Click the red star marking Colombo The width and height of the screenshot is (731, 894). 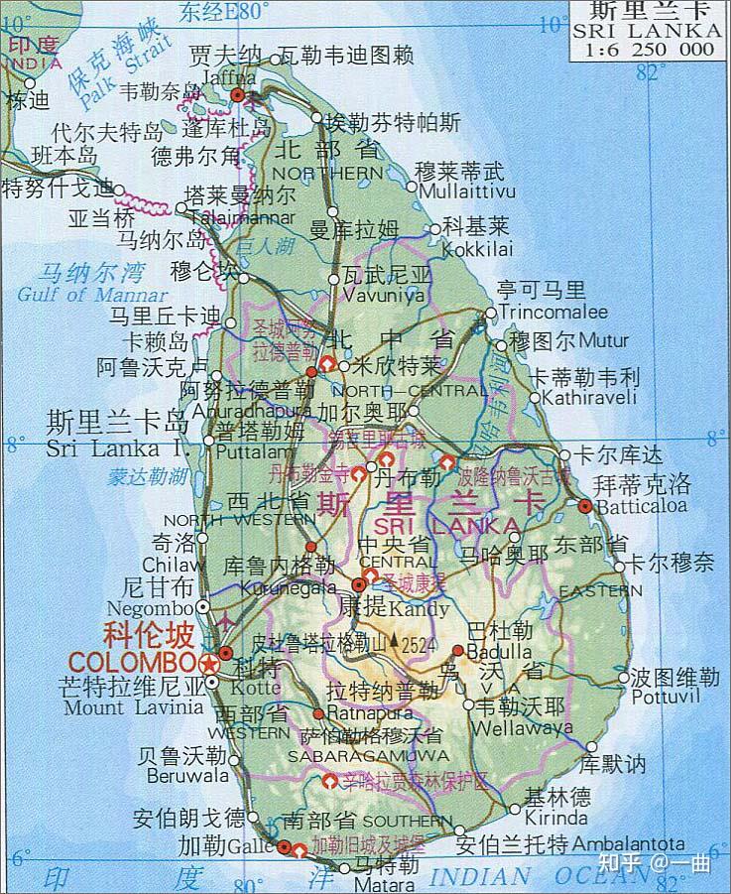pos(209,662)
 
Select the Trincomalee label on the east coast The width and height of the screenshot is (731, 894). pos(553,312)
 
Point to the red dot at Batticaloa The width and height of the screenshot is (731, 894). pos(585,505)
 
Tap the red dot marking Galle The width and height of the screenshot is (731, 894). pos(285,847)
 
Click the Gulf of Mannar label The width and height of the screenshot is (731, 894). pos(92,295)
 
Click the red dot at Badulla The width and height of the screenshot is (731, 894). pos(458,651)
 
